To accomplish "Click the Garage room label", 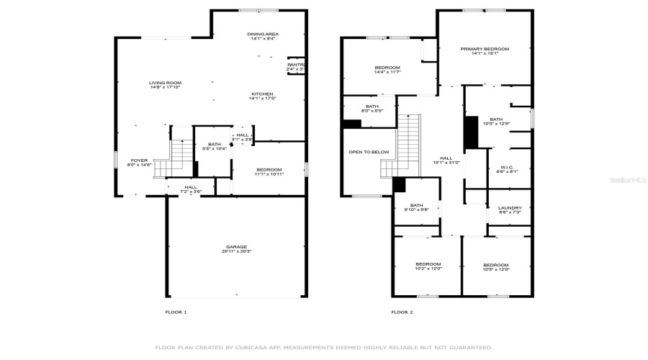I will (x=236, y=247).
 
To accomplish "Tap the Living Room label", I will (x=164, y=83).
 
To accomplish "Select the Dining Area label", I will (x=263, y=34).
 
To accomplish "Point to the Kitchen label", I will (x=262, y=94).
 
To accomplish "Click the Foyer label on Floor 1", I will (x=139, y=161).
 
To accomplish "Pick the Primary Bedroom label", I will (x=484, y=49).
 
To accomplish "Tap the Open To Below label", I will (x=369, y=152).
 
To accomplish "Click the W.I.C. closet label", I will (x=507, y=166).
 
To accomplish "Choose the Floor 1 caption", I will (x=176, y=312).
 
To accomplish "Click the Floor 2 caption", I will (x=402, y=312).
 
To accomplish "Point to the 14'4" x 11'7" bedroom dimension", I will (x=387, y=72).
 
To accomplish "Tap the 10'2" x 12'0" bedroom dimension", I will (x=428, y=269).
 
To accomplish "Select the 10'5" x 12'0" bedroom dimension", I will (x=496, y=269).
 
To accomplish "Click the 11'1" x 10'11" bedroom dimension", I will (x=270, y=174).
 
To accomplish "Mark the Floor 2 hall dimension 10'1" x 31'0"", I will (x=446, y=163).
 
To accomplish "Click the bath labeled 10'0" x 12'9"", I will (x=496, y=124).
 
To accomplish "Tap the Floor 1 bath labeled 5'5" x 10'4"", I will (x=214, y=148).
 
